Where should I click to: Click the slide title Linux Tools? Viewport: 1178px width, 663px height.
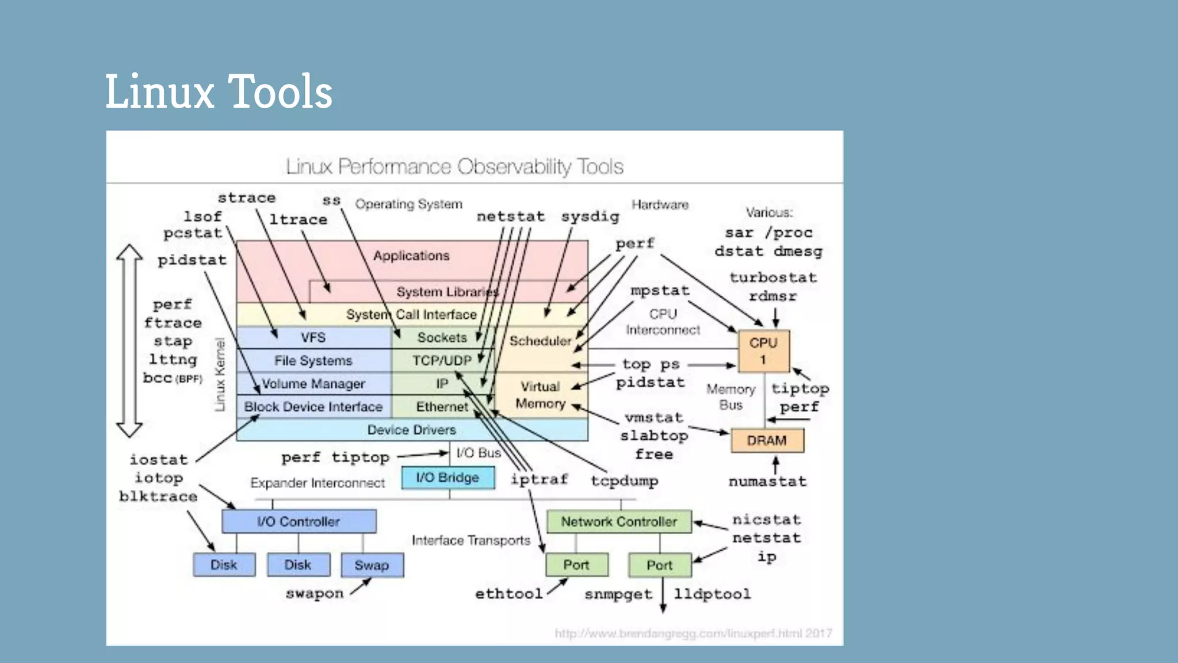(x=219, y=92)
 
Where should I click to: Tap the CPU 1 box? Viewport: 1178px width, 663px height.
(x=763, y=351)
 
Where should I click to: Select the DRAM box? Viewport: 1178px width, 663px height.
(x=767, y=441)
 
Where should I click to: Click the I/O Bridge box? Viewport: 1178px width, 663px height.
(x=448, y=478)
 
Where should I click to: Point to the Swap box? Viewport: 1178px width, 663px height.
(x=372, y=565)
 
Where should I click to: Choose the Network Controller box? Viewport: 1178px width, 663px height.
(x=619, y=521)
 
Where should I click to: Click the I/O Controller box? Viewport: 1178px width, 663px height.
(x=299, y=521)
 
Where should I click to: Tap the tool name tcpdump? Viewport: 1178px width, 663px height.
(x=625, y=481)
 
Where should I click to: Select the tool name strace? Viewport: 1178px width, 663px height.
(x=246, y=198)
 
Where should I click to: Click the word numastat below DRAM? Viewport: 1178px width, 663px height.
(x=767, y=481)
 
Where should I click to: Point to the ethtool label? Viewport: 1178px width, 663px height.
(x=508, y=593)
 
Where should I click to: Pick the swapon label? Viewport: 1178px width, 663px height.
(x=315, y=593)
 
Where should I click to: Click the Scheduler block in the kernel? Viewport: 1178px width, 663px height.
(x=540, y=341)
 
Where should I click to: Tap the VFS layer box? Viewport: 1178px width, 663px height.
(x=313, y=337)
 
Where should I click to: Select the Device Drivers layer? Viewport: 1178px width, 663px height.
(x=411, y=430)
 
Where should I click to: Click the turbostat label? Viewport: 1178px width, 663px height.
(x=772, y=277)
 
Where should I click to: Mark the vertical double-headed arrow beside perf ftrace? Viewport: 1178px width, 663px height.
(x=129, y=341)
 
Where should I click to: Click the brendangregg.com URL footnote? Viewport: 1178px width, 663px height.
(x=693, y=634)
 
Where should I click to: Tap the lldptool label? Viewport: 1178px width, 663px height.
(x=712, y=594)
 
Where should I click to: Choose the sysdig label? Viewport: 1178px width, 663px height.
(x=590, y=216)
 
